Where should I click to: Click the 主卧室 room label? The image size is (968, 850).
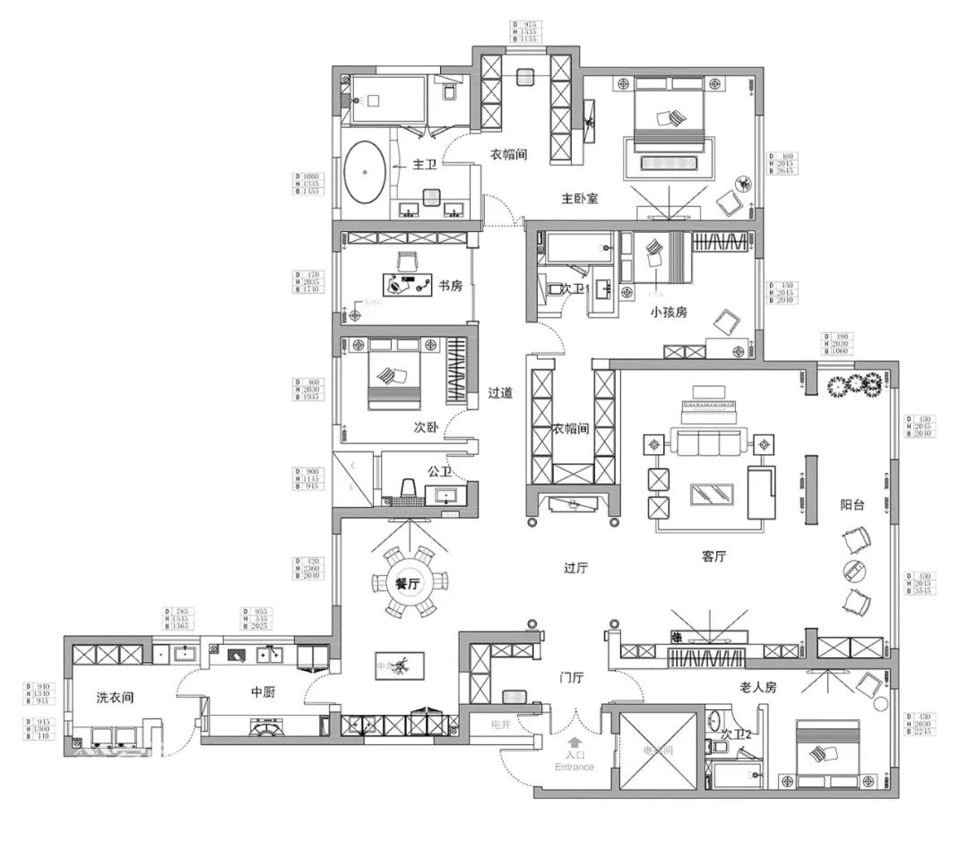[x=580, y=198]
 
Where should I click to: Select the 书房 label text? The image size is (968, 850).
[x=450, y=287]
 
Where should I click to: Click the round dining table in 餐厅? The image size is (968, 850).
[x=408, y=583]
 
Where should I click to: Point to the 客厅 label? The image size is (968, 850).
[x=713, y=556]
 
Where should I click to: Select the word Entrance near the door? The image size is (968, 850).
[x=575, y=768]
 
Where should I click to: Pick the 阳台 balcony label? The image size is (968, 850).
[x=852, y=504]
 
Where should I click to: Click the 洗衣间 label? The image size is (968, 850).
[x=115, y=698]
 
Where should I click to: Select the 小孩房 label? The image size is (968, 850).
[x=669, y=313]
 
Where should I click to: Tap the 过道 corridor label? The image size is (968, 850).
[x=500, y=392]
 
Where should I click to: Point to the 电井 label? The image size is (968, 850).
[x=501, y=723]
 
